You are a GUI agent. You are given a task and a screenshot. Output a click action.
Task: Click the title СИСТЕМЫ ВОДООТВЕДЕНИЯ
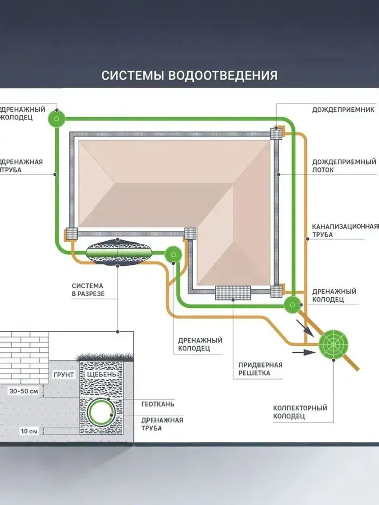coord(189,75)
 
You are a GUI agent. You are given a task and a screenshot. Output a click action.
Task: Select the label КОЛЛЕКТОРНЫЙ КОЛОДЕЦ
coord(300,412)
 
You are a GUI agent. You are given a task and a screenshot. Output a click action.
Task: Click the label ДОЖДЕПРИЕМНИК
coord(343,109)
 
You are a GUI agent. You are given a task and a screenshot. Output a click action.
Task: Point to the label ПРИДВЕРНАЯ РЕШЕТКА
coord(260,369)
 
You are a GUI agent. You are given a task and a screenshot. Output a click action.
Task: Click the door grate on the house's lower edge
coord(233,292)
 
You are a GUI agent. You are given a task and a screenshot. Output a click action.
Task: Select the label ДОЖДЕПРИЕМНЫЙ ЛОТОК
coord(344,166)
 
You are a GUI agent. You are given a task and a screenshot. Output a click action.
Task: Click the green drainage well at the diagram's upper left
coord(57,119)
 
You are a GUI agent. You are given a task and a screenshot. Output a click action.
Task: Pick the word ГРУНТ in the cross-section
coord(64,375)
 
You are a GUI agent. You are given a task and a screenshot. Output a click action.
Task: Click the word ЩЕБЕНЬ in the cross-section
coord(102,374)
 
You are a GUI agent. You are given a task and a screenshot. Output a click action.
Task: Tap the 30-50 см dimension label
coord(23,391)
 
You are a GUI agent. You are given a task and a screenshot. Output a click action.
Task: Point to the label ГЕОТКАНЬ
coord(158,404)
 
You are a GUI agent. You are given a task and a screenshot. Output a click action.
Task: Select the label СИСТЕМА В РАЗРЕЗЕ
coord(88,289)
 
